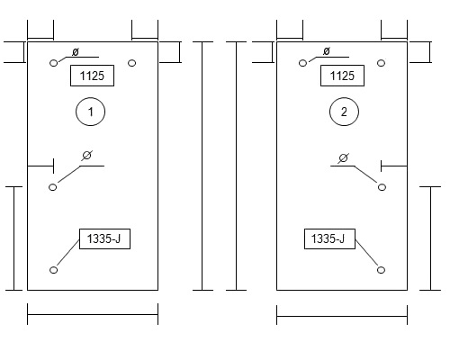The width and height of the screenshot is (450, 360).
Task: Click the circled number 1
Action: coord(90,112)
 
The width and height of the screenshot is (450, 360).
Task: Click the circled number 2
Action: coord(344,112)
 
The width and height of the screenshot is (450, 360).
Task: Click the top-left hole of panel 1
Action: coord(54,63)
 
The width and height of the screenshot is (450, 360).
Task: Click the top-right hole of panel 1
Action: coord(131,63)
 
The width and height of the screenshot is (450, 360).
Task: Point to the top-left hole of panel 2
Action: coord(303,63)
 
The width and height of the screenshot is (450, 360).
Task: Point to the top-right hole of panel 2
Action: coord(381,63)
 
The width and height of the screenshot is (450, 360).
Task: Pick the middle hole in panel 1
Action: coord(52,187)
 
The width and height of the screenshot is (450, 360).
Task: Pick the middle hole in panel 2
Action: coord(382,187)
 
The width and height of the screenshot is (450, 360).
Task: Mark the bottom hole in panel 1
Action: coord(53,270)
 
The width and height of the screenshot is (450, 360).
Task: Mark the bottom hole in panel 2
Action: coord(381,270)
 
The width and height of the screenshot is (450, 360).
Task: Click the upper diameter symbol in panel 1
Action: coord(76,52)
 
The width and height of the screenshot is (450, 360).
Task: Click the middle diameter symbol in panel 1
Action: coord(86,156)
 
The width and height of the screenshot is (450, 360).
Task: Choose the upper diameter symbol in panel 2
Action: coord(327,51)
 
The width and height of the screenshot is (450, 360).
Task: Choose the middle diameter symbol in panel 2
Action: coord(343,157)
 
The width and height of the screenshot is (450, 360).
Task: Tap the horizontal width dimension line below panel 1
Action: coord(93,314)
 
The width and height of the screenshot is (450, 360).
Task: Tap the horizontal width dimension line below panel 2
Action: coord(342,316)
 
